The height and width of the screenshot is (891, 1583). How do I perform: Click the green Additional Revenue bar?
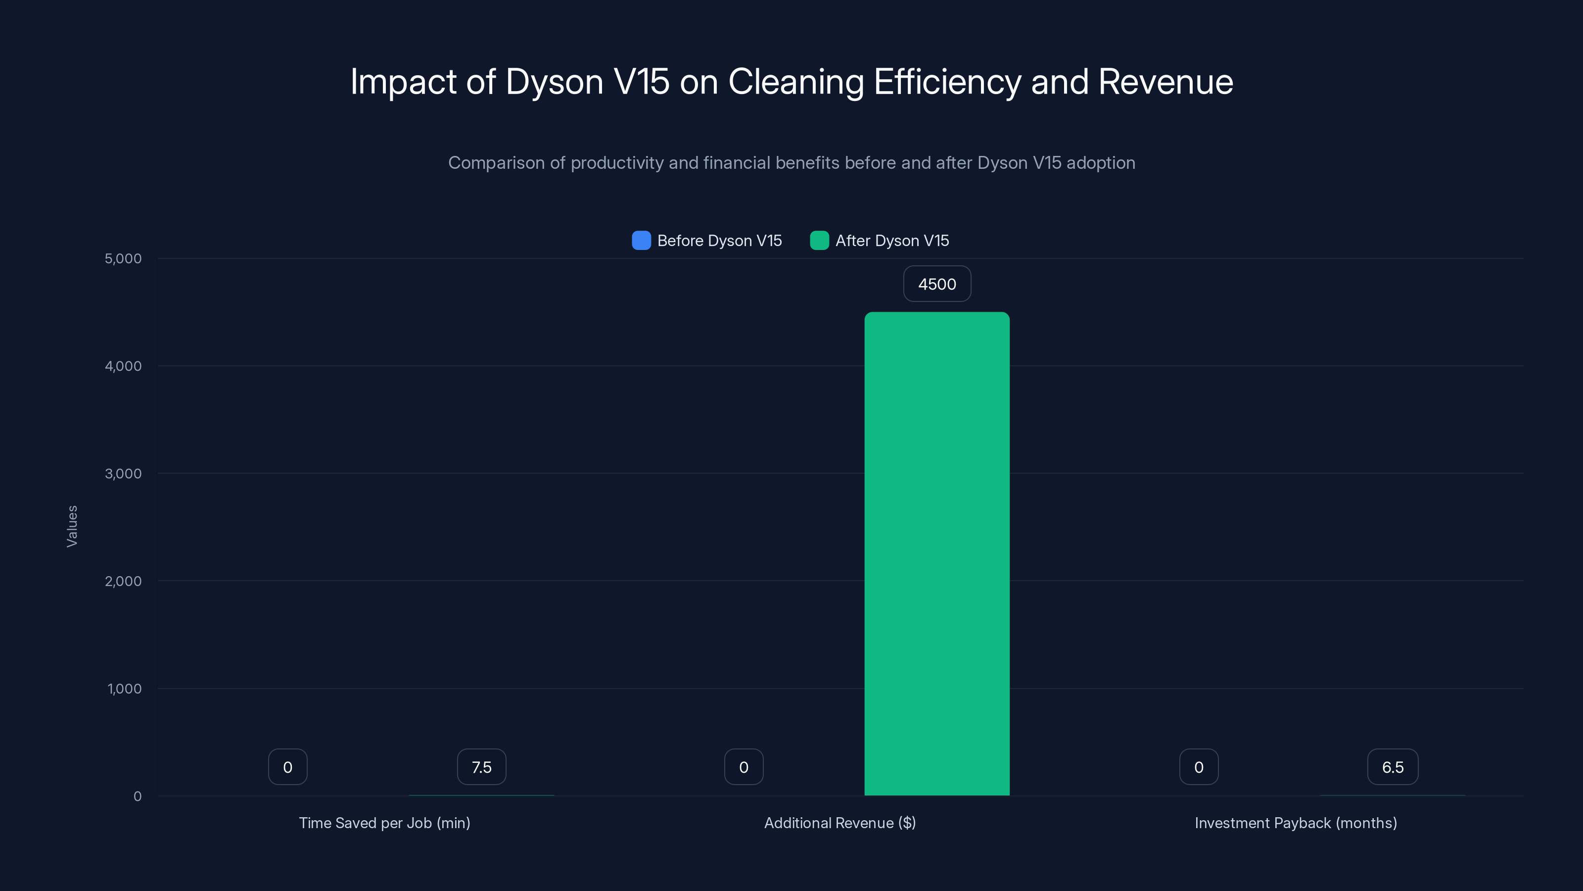pyautogui.click(x=936, y=553)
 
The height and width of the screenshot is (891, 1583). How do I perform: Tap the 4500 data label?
pyautogui.click(x=936, y=284)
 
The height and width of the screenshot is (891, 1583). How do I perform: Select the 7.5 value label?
pyautogui.click(x=481, y=767)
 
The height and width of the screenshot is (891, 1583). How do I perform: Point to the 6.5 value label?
pyautogui.click(x=1393, y=767)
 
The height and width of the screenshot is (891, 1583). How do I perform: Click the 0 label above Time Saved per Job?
pyautogui.click(x=287, y=767)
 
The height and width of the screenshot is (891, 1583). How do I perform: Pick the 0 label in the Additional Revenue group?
pyautogui.click(x=744, y=767)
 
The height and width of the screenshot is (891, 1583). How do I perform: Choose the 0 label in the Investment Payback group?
pyautogui.click(x=1198, y=767)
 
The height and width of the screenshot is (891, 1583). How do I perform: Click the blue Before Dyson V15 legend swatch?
pyautogui.click(x=641, y=241)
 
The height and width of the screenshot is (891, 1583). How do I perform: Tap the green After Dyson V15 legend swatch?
pyautogui.click(x=819, y=241)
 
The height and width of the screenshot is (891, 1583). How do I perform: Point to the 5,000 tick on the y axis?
pyautogui.click(x=123, y=258)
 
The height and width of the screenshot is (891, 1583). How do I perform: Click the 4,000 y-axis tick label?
pyautogui.click(x=123, y=366)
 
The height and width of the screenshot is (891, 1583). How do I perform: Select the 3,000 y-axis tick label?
pyautogui.click(x=123, y=474)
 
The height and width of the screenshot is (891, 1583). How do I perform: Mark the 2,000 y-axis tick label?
pyautogui.click(x=123, y=581)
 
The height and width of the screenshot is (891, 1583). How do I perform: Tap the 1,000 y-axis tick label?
pyautogui.click(x=124, y=689)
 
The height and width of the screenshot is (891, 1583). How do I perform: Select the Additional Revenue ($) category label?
pyautogui.click(x=840, y=823)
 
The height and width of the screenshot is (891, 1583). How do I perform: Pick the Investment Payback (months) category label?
pyautogui.click(x=1296, y=823)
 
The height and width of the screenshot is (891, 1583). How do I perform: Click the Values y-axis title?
pyautogui.click(x=72, y=526)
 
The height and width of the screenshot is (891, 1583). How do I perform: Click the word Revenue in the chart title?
pyautogui.click(x=1165, y=82)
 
